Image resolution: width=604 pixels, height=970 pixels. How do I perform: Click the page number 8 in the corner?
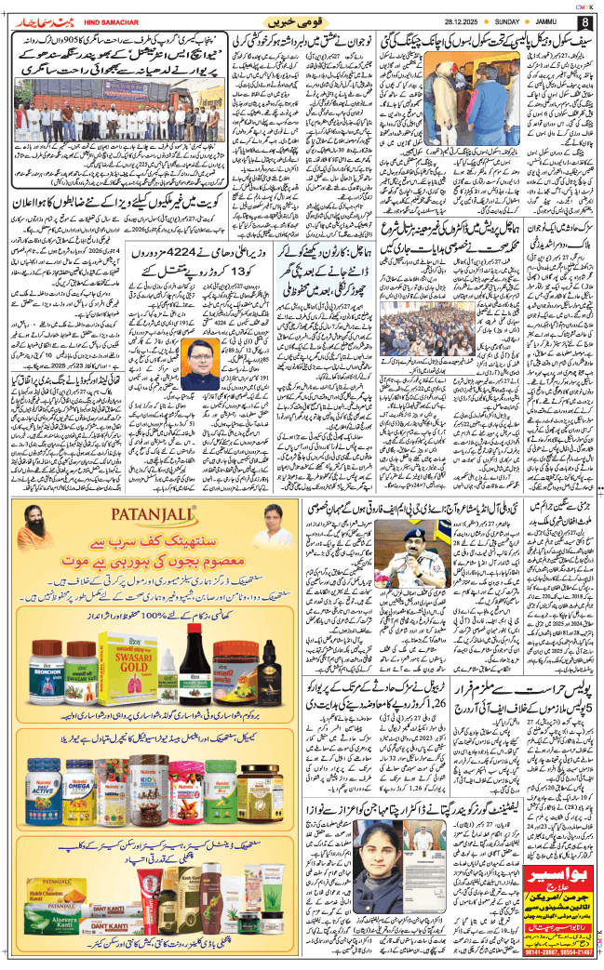(584, 21)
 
